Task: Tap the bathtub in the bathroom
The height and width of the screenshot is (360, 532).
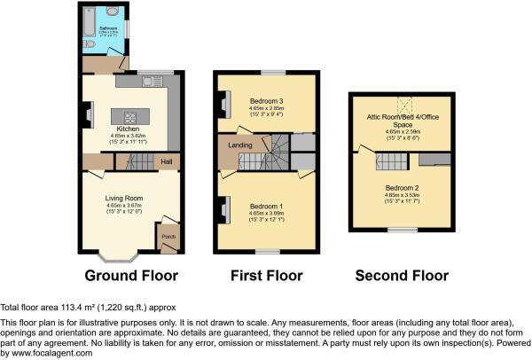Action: [x=91, y=15]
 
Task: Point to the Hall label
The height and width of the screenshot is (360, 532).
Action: [x=167, y=161]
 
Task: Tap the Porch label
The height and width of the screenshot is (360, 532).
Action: [x=167, y=236]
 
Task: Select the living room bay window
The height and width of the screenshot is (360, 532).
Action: [x=119, y=257]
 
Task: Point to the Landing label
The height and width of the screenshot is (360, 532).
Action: [x=239, y=145]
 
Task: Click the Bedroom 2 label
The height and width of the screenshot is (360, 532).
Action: [x=402, y=188]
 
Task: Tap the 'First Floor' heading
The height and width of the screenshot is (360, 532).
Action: [x=266, y=276]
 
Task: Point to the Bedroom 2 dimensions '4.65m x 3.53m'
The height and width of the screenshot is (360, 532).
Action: [x=402, y=196]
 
